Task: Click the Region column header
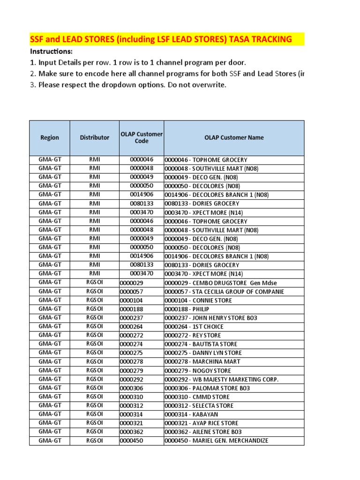[x=50, y=137]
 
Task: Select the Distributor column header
[x=94, y=137]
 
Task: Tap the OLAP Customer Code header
[x=141, y=137]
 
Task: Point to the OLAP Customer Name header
[x=234, y=137]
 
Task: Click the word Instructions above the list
[x=52, y=51]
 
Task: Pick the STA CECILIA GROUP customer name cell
[x=224, y=292]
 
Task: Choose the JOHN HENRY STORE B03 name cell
[x=210, y=318]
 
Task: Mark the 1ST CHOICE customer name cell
[x=194, y=327]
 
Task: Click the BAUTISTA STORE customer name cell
[x=201, y=344]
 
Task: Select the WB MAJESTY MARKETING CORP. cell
[x=221, y=379]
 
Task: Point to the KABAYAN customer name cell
[x=191, y=414]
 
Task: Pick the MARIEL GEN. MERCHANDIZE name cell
[x=216, y=441]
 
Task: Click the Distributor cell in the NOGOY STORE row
[x=94, y=370]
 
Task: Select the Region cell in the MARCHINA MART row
[x=50, y=361]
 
